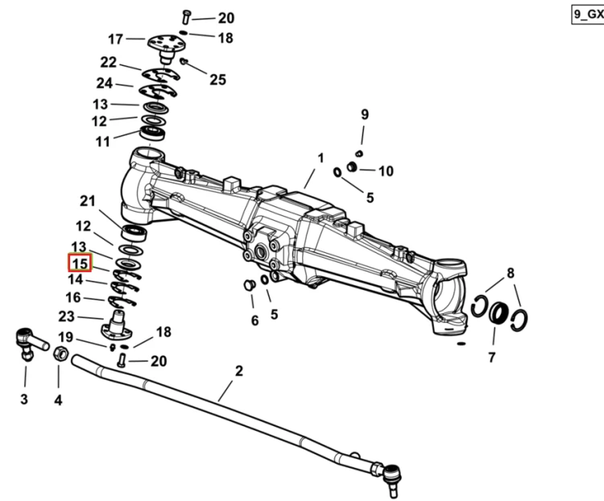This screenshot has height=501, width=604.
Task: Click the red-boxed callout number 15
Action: point(80,263)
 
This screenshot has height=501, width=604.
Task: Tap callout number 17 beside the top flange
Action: point(115,39)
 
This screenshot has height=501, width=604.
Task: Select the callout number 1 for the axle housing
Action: point(321,158)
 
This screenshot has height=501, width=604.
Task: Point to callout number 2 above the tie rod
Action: point(239,371)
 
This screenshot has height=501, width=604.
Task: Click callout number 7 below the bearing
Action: point(491,358)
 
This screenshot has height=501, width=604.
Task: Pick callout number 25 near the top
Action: point(217,80)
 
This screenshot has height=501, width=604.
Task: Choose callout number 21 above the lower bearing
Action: point(88,201)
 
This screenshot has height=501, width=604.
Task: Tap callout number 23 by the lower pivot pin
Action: point(66,317)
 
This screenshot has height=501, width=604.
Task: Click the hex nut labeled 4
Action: point(60,354)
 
